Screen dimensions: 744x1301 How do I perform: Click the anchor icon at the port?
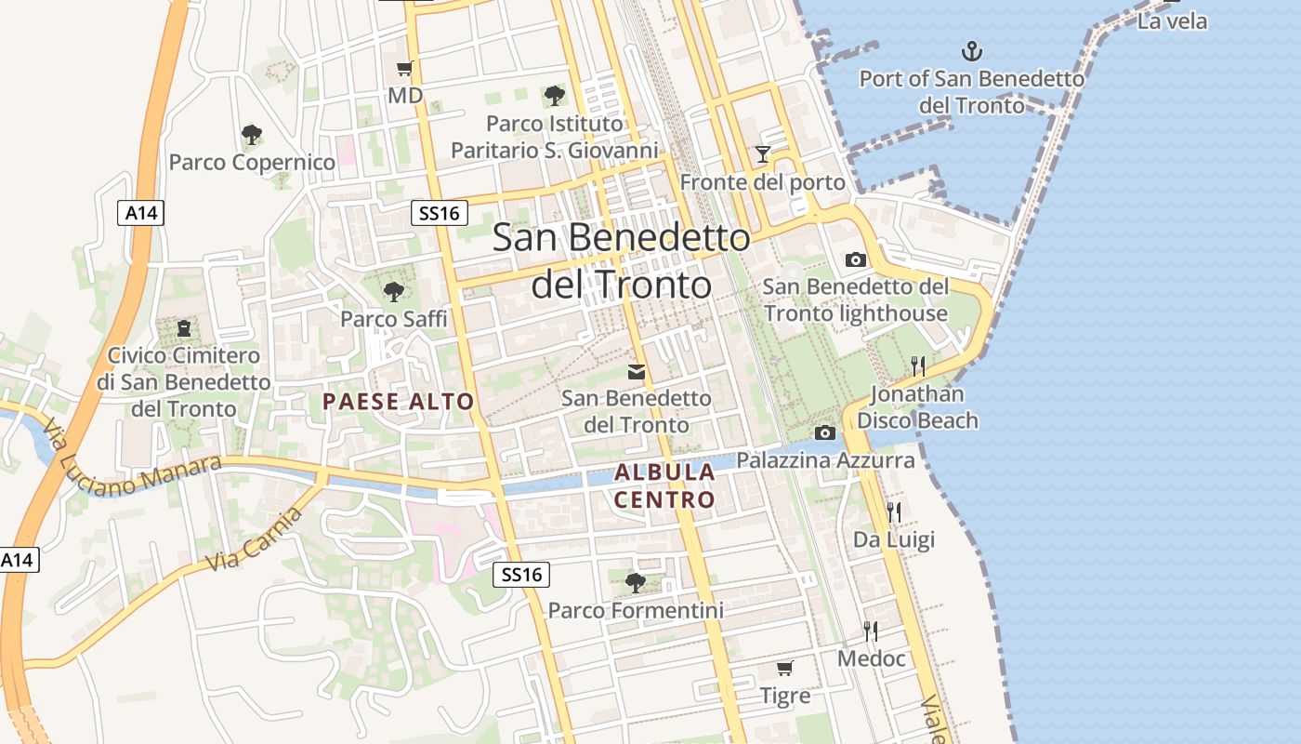coord(971,51)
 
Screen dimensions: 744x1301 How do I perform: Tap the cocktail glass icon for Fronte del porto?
coord(763,154)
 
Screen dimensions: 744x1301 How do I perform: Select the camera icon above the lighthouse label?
coord(856,259)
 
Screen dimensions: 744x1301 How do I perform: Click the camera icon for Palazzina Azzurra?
coord(824,432)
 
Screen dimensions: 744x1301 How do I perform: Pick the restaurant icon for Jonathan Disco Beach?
coord(918,365)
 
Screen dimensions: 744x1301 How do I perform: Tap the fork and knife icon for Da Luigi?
coord(893,511)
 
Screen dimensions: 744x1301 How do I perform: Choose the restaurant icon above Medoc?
coord(871,631)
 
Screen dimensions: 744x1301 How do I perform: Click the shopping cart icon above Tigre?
coord(785,668)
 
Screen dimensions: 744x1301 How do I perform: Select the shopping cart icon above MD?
coord(404,68)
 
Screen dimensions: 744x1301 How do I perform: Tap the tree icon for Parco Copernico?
coord(252,134)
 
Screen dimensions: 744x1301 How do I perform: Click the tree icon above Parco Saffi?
coord(394,291)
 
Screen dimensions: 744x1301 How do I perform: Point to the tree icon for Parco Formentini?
coord(636,583)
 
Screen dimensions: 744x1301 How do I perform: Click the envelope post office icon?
coord(637,372)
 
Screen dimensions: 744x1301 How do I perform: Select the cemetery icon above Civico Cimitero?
coord(184,327)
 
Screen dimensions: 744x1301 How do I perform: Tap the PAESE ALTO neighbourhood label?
coord(399,402)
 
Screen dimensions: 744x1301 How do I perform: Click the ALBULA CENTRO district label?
coord(664,485)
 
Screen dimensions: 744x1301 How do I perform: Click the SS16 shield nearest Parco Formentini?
coord(521,575)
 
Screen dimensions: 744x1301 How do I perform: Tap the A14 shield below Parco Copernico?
coord(142,213)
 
